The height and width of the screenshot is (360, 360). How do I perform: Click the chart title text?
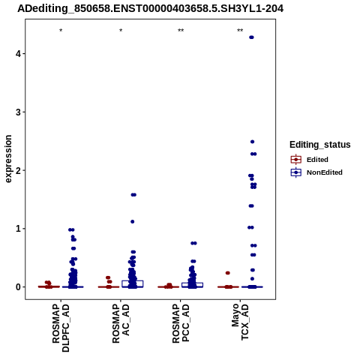click(x=150, y=9)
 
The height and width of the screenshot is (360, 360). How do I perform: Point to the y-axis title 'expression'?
click(x=8, y=159)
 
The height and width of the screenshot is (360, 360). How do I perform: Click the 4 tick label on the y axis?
click(x=18, y=54)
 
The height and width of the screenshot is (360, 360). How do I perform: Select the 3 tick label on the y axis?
click(x=18, y=112)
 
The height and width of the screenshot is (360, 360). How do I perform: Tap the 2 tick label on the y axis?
click(x=18, y=170)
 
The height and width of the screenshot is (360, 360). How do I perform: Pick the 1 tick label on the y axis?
click(x=18, y=229)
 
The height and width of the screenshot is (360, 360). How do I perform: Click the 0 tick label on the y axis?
click(x=18, y=287)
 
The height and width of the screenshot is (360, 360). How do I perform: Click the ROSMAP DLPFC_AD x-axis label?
click(x=61, y=328)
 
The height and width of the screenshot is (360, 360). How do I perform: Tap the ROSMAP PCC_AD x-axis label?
click(x=181, y=323)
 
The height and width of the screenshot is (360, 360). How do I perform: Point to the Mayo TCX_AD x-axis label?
click(x=241, y=322)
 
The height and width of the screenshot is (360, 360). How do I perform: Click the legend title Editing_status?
click(x=320, y=145)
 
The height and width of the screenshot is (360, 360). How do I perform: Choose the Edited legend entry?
click(x=310, y=160)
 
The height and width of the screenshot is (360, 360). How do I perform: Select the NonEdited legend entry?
click(x=316, y=172)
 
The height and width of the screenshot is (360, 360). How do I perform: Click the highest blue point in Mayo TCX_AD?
click(x=251, y=37)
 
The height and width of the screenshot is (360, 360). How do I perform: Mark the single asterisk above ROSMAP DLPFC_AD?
click(x=61, y=31)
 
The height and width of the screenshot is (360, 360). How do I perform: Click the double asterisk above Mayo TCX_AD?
click(x=240, y=31)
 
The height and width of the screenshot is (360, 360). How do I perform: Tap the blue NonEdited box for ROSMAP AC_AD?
click(x=133, y=283)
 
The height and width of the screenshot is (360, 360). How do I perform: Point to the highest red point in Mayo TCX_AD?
click(x=227, y=273)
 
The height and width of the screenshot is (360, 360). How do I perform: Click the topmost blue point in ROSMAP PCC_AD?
click(x=193, y=243)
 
